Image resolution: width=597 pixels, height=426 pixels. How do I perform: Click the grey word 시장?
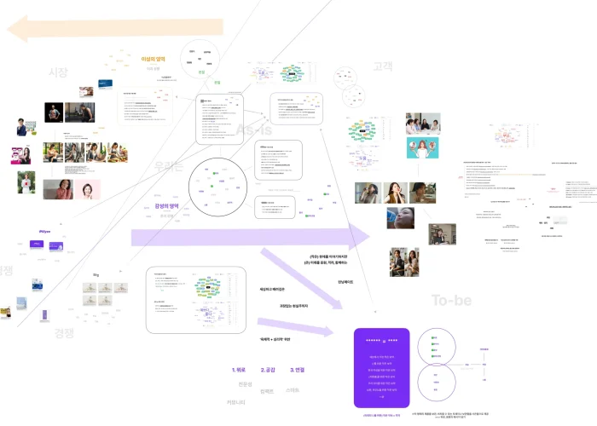point(59,72)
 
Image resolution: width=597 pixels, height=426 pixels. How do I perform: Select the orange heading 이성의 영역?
point(154,59)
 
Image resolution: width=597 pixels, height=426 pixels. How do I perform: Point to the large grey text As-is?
point(253,130)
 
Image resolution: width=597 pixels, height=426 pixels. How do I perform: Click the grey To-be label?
point(451,300)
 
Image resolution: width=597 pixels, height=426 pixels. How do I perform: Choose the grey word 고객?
point(382,66)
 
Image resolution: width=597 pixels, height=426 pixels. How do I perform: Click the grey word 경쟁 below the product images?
point(65,332)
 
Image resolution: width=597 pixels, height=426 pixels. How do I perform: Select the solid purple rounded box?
point(382,368)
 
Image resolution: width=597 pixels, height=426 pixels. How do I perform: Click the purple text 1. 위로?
point(239,370)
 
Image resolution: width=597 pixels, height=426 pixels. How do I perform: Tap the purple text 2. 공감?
point(267,370)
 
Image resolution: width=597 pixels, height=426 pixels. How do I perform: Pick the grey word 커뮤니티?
point(236,401)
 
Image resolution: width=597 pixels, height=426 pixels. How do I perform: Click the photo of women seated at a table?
point(421,124)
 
